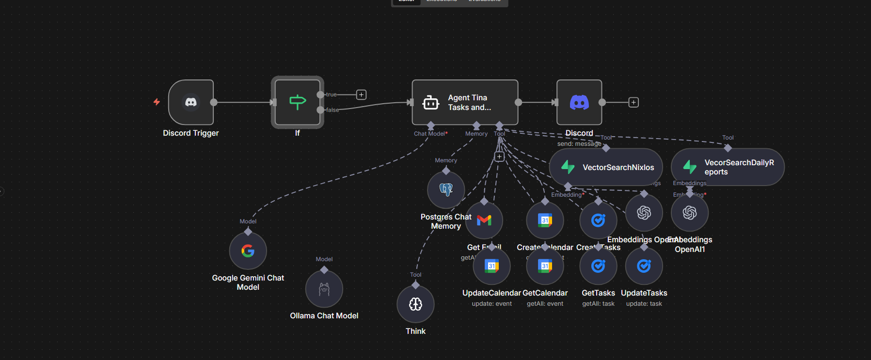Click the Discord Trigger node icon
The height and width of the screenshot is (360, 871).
pos(191,102)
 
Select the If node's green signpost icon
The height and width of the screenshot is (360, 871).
pos(297,102)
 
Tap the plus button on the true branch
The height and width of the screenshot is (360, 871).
pos(361,94)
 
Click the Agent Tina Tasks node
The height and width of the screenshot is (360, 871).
pos(465,102)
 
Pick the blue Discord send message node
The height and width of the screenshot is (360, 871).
pos(579,102)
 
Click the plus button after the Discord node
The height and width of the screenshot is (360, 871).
pos(633,102)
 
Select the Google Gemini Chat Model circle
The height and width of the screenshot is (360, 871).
pos(248,251)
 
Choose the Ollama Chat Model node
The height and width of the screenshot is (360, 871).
pos(324,289)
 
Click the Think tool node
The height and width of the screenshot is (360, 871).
pos(415,304)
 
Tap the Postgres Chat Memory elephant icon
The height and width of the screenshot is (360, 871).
pos(446,189)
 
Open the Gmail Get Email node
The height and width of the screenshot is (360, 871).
pos(484,220)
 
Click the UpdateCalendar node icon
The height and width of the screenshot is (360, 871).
pos(491,266)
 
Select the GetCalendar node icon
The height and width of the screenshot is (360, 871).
pos(545,266)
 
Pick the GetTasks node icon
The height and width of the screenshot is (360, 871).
pos(598,266)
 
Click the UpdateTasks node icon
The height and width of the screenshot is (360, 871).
pos(644,266)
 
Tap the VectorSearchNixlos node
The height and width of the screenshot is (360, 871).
pos(606,167)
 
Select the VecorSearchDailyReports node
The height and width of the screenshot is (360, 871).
pos(728,167)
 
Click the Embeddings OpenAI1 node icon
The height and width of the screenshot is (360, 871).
pos(690,213)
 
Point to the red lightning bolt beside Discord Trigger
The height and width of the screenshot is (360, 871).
pos(157,102)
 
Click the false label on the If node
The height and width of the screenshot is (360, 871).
pos(333,110)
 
